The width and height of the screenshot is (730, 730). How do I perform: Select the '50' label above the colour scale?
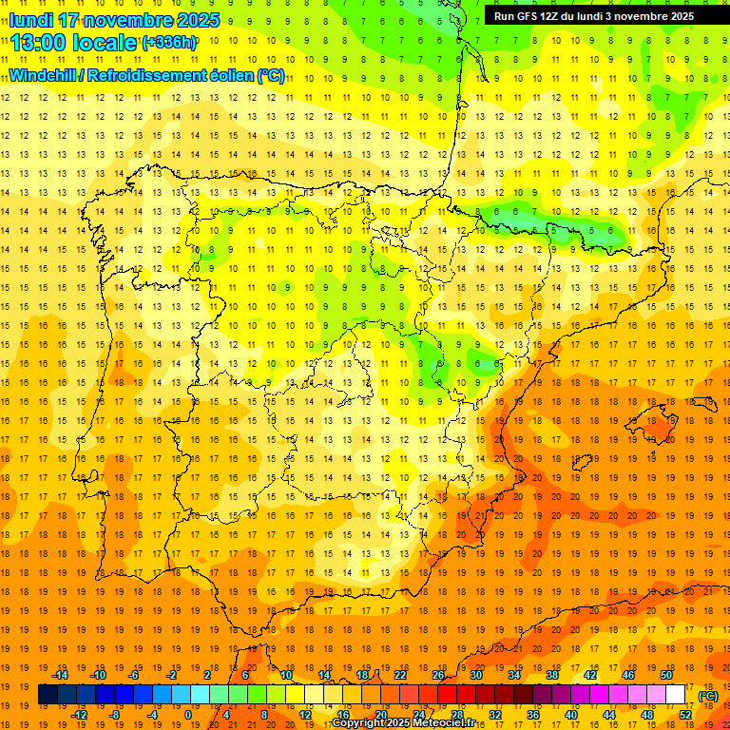click(666, 675)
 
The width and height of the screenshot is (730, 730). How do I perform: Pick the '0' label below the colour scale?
click(188, 714)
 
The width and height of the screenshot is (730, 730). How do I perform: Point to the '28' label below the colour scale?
click(456, 714)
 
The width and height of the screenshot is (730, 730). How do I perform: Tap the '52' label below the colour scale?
click(685, 714)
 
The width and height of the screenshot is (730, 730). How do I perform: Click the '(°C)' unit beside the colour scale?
click(708, 696)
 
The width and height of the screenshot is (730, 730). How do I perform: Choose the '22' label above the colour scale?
click(400, 675)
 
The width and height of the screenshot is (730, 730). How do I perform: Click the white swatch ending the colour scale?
click(676, 695)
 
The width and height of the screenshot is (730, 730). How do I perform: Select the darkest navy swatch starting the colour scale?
click(48, 695)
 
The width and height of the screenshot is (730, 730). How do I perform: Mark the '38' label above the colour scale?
click(552, 675)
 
